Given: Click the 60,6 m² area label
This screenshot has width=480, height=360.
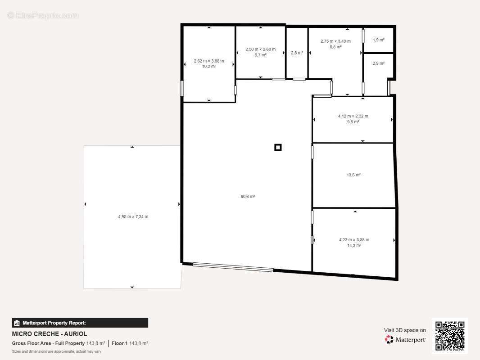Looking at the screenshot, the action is point(248,196).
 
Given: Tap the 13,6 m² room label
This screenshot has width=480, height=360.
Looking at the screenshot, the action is point(353,175).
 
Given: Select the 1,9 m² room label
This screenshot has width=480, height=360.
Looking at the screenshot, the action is point(379,40).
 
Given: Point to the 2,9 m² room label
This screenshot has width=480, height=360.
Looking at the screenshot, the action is point(379,63).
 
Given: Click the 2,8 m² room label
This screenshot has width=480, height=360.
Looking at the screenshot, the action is point(297,53).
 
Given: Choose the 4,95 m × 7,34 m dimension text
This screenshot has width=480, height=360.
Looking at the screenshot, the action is point(133,216).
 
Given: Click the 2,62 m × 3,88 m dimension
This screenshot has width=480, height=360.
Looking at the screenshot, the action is point(209,61).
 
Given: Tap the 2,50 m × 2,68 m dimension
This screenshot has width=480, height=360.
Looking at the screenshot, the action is point(261,49).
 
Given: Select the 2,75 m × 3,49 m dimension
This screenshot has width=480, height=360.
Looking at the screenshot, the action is point(335,41).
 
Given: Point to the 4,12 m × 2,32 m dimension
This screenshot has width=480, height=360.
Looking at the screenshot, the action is point(353,116).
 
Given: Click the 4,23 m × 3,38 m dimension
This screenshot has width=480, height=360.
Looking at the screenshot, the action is point(354,240).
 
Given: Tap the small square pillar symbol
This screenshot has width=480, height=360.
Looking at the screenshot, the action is point(278,148).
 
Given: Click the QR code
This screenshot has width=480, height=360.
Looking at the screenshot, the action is point(450,336).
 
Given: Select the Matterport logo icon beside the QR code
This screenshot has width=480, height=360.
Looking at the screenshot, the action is point(389,339).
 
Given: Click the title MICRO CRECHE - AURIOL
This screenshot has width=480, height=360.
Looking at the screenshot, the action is point(49,334).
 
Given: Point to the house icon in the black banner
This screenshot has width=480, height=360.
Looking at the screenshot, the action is point(17,323).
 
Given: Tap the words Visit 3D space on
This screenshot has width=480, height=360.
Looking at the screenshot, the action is point(405,330).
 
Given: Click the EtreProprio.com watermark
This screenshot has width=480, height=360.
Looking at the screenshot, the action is point(43,15).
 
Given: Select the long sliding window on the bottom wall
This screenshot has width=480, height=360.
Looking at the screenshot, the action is point(233,267).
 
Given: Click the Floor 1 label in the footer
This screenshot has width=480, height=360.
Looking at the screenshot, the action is point(120,343).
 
